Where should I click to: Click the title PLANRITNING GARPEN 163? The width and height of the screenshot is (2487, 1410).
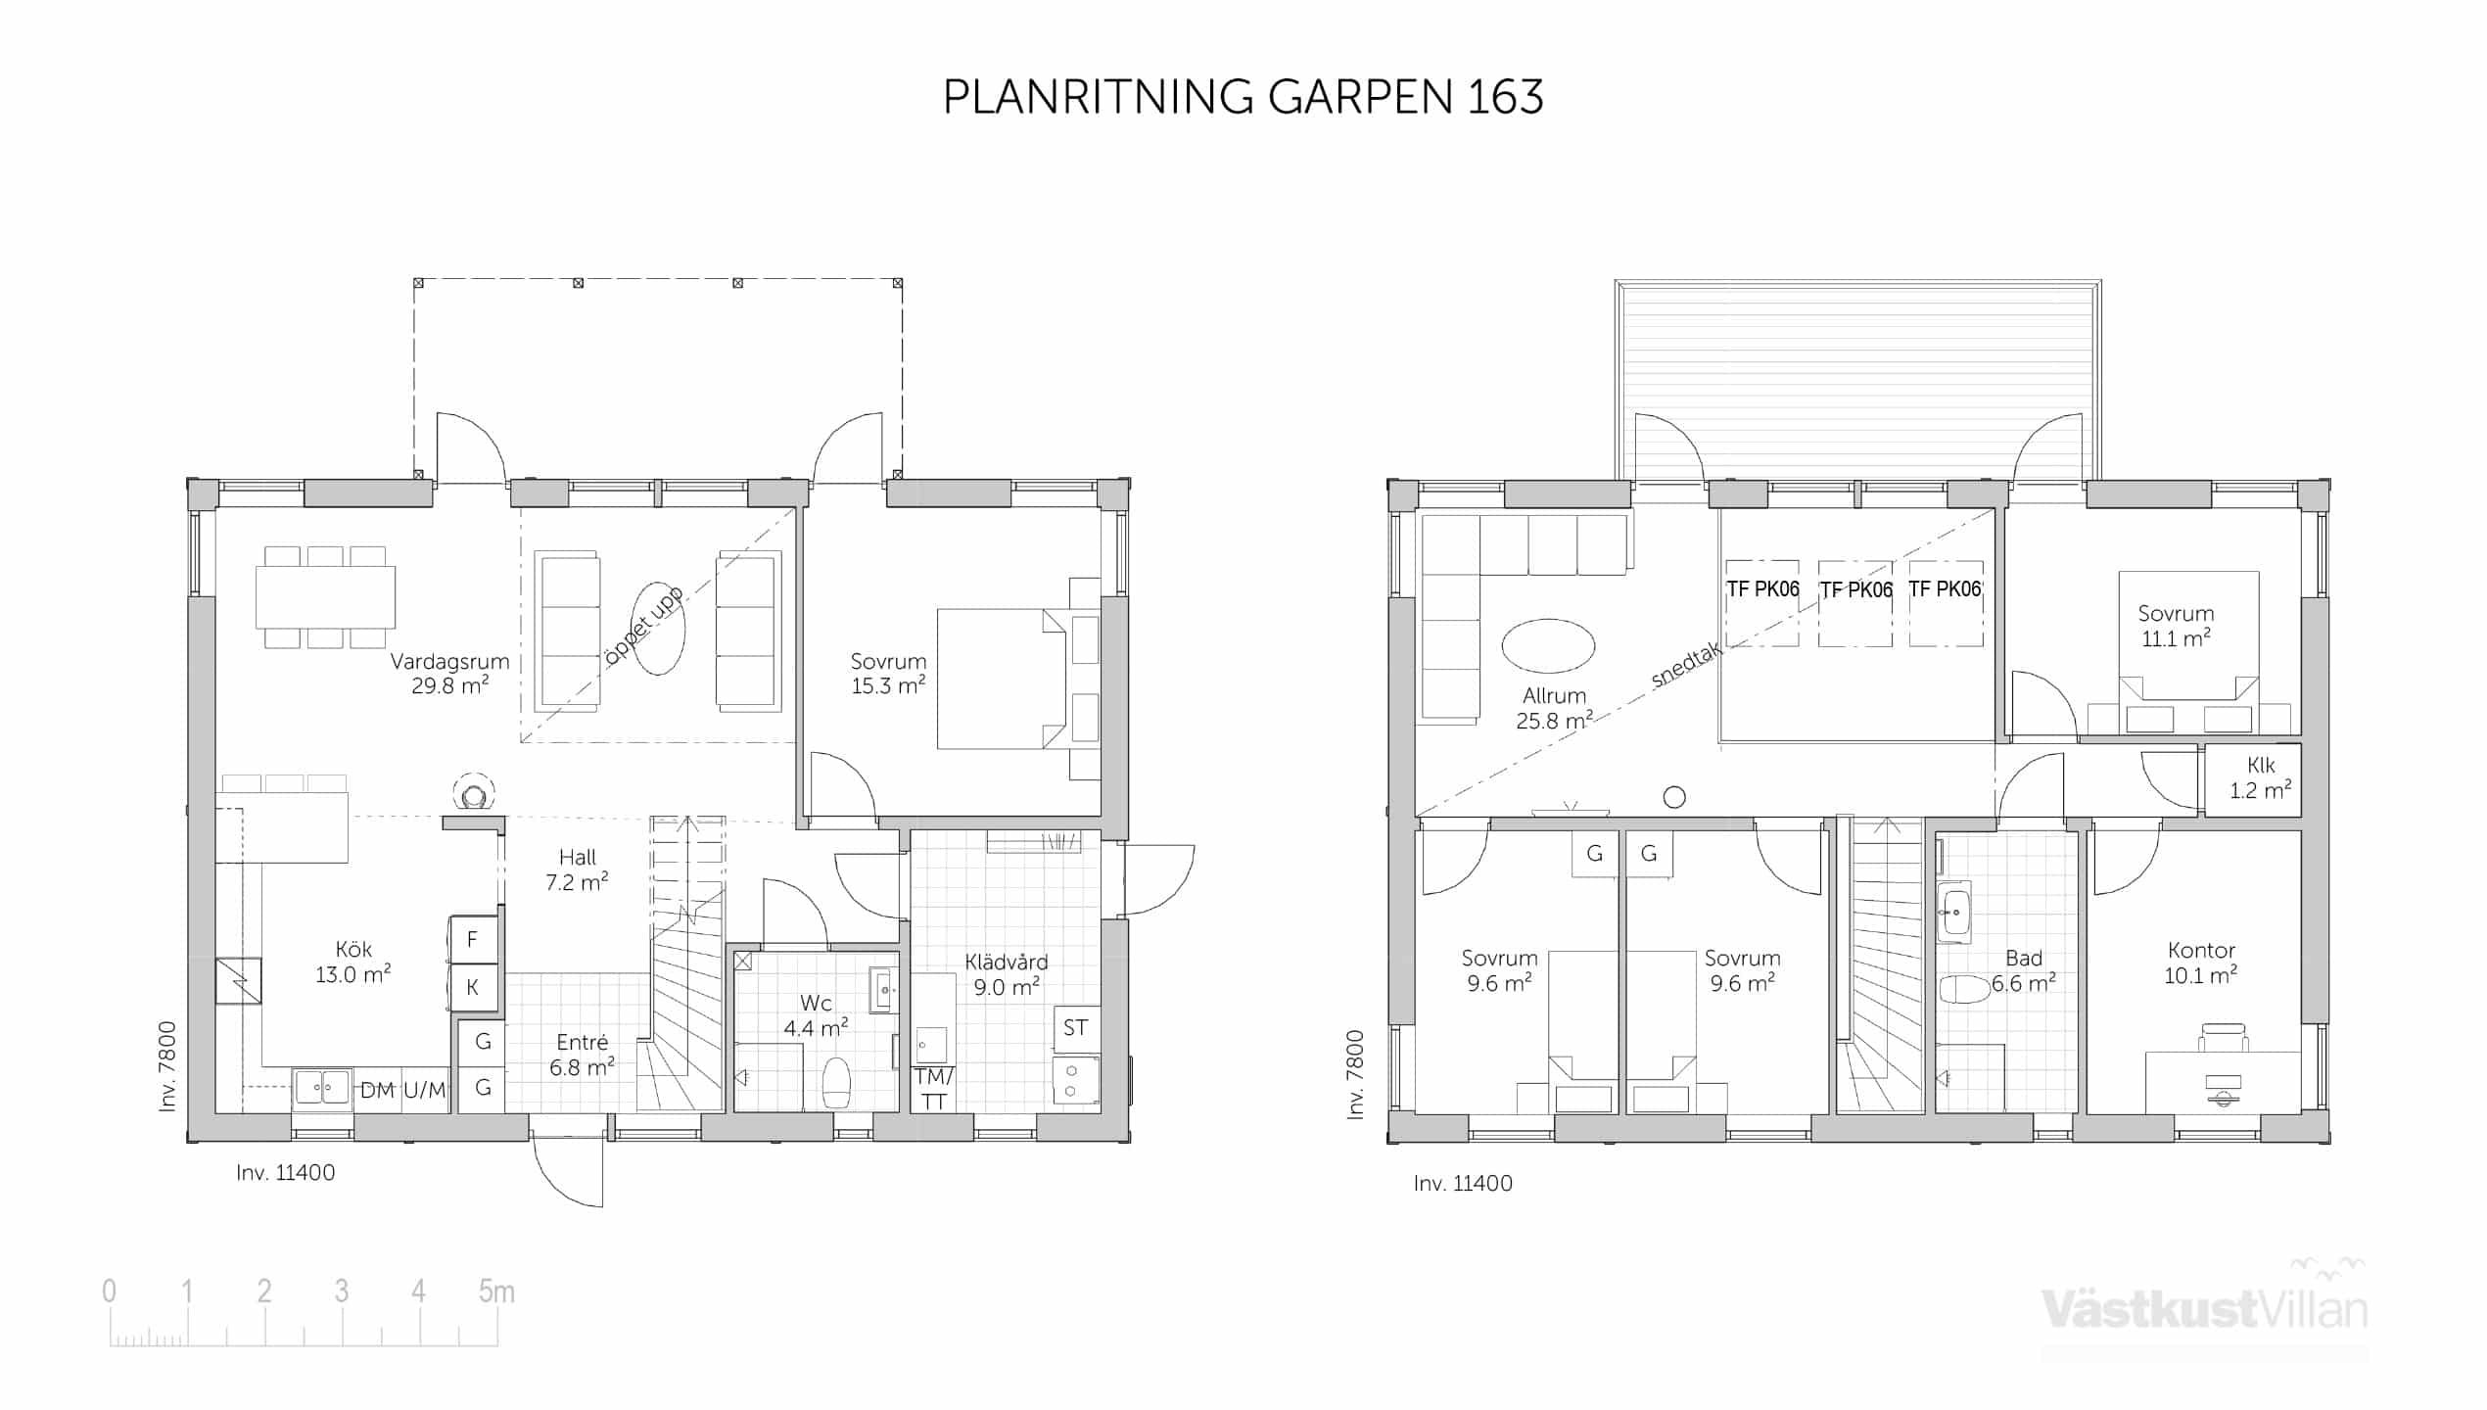1243,97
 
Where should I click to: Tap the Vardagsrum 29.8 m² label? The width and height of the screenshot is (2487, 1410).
449,674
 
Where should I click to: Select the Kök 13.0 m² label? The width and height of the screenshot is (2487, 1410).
352,962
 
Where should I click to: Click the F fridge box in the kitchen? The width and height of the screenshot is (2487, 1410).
473,940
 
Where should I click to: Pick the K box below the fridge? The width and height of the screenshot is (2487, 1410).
473,987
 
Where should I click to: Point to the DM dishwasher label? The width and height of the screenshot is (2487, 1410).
377,1091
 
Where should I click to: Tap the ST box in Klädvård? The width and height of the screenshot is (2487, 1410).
1076,1028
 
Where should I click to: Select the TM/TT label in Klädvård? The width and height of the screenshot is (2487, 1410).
934,1089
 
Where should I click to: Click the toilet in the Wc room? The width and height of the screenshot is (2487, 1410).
836,1082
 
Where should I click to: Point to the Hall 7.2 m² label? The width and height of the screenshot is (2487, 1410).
577,869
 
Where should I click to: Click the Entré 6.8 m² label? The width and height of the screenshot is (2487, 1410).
582,1055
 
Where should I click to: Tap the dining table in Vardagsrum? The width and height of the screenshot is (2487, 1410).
326,597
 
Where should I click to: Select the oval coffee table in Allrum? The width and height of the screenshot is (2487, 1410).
1548,646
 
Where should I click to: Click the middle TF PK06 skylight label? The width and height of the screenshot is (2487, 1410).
1855,589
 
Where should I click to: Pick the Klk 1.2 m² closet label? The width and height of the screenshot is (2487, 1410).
2261,777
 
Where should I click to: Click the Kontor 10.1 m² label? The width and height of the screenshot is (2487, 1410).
2201,963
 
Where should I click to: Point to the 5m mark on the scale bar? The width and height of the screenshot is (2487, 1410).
496,1292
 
